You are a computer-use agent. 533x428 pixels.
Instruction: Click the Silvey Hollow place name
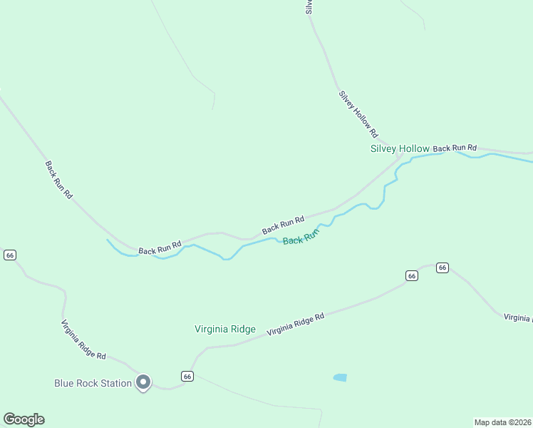click(400, 149)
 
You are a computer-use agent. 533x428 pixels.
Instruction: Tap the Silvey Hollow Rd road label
click(358, 114)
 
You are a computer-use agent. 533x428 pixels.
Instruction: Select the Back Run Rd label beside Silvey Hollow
click(455, 148)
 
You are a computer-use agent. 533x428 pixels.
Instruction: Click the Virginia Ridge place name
click(225, 329)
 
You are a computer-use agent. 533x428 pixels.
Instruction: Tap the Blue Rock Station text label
click(93, 383)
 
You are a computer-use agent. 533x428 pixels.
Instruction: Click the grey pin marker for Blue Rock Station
click(143, 382)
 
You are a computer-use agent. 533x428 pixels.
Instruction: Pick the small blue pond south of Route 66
click(340, 377)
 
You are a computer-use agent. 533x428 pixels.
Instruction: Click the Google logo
click(24, 419)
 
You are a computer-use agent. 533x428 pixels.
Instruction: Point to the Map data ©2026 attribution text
click(502, 422)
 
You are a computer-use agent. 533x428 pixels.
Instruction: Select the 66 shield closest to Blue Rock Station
click(187, 377)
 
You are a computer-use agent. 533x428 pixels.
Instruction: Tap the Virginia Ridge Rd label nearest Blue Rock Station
click(83, 340)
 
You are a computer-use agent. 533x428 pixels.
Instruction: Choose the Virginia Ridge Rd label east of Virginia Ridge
click(296, 324)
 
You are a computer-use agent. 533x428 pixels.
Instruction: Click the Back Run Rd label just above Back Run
click(283, 225)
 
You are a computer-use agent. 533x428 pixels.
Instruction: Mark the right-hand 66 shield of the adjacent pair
click(443, 267)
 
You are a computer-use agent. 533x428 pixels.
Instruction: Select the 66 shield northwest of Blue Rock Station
click(10, 255)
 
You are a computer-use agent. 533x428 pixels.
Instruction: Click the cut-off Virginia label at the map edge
click(518, 317)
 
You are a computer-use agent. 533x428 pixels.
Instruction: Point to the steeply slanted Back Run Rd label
click(59, 179)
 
